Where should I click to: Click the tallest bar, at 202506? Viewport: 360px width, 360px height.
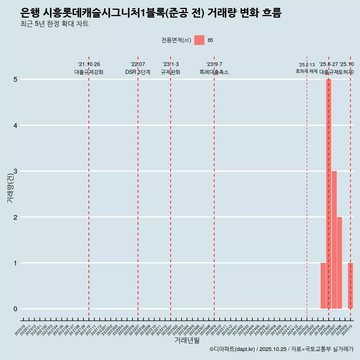[x=328, y=194]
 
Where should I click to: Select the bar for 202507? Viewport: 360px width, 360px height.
[x=334, y=240]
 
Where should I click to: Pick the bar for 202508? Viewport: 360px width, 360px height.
[x=339, y=262]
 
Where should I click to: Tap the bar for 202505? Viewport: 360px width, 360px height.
[x=323, y=286]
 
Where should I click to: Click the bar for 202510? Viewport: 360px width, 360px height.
[x=350, y=286]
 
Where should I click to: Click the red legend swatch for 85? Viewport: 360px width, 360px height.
[x=199, y=40]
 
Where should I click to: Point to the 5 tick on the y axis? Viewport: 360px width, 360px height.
[x=15, y=79]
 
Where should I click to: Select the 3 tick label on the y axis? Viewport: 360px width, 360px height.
[x=15, y=171]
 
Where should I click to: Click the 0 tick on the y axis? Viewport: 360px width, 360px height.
[x=15, y=309]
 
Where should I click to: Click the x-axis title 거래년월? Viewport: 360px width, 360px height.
[x=187, y=340]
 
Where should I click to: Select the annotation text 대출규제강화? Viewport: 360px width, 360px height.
[x=89, y=72]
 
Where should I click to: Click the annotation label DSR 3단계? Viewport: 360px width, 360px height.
[x=138, y=72]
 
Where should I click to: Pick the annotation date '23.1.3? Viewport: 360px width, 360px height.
[x=171, y=64]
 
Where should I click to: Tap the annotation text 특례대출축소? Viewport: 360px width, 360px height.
[x=214, y=72]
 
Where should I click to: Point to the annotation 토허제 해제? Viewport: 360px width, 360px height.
[x=307, y=71]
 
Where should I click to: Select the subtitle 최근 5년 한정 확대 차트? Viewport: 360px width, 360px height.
[x=54, y=24]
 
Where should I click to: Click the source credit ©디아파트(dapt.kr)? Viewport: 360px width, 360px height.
[x=232, y=349]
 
